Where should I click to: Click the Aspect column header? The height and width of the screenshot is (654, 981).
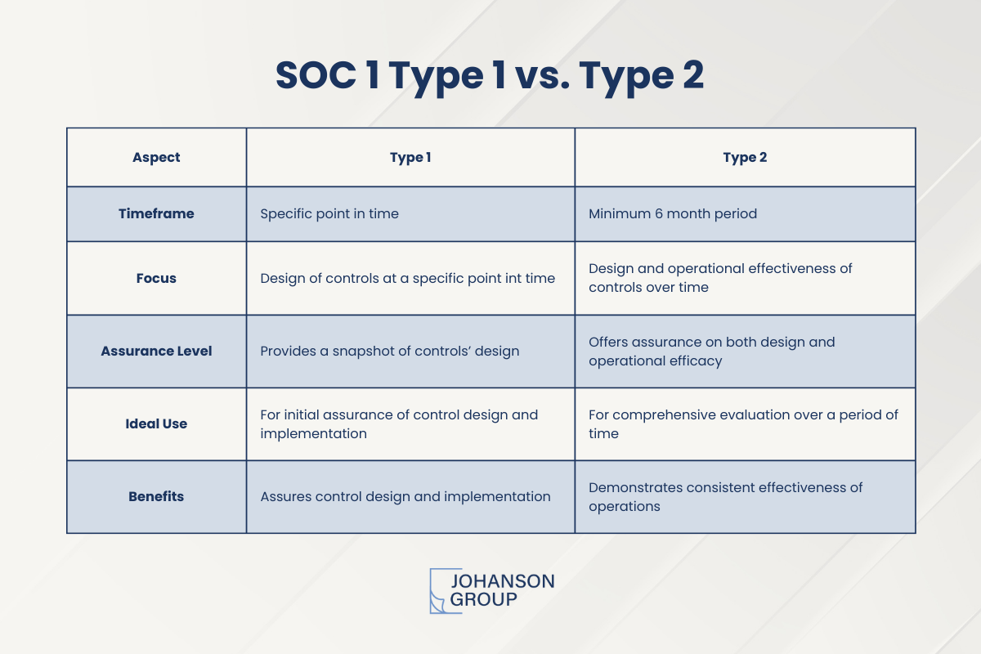point(156,158)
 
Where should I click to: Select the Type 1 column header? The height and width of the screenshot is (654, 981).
point(410,158)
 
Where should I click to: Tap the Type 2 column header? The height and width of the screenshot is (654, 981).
point(745,158)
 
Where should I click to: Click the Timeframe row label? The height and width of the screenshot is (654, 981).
point(156,213)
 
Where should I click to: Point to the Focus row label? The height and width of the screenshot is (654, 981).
point(156,278)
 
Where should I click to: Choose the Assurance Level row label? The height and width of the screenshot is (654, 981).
point(156,351)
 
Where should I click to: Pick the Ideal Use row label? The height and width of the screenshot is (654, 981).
point(156,423)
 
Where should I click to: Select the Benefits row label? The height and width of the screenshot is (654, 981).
point(156,496)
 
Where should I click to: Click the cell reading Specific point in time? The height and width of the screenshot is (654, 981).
point(329,213)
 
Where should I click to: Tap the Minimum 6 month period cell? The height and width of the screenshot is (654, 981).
point(673,213)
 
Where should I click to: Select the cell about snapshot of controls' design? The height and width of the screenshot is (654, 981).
point(389,351)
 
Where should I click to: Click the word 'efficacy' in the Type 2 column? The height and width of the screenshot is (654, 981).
point(694,361)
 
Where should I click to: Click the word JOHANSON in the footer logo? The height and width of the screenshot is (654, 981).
point(502,581)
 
